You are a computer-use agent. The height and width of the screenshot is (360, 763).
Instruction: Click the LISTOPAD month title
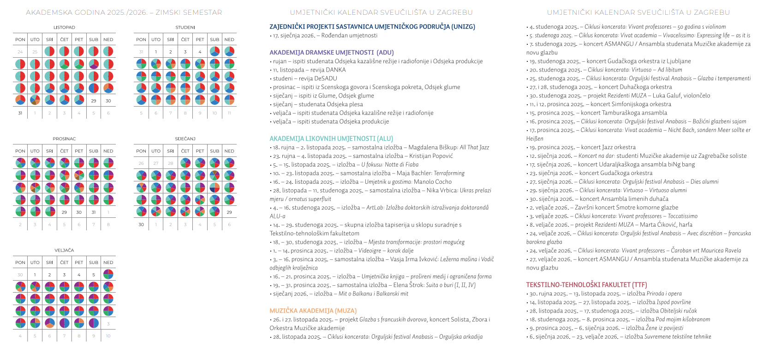pos(64,28)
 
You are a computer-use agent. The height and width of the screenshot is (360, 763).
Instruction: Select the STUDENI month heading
pos(185,28)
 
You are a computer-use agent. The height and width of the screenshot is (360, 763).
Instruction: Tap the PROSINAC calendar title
pos(64,139)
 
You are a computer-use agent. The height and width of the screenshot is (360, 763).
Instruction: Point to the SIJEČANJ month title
pos(185,139)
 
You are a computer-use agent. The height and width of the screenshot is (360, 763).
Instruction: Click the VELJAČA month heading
pos(64,251)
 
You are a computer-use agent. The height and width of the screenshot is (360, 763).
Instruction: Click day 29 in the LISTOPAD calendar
pos(94,101)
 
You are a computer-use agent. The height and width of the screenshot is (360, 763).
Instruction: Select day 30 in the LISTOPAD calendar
pos(108,101)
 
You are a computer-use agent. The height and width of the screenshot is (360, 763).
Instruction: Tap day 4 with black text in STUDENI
pos(200,52)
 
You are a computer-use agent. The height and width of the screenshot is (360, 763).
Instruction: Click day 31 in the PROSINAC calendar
pos(94,212)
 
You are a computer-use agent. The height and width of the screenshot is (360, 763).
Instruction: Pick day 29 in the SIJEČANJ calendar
pos(229,212)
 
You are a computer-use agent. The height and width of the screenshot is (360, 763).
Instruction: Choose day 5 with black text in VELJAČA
pos(94,275)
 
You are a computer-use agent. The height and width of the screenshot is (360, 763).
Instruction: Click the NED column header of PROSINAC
pos(108,151)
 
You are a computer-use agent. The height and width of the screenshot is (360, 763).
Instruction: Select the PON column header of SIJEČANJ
pos(141,151)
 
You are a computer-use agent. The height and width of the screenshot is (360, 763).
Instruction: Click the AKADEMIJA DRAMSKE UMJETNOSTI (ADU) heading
pos(332,53)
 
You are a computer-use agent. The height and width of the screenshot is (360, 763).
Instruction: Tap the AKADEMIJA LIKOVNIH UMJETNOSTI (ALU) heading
pos(331,138)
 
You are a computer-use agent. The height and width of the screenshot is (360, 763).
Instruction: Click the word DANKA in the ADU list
pos(336,70)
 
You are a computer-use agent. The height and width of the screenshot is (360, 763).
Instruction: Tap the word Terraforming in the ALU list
pos(449,173)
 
